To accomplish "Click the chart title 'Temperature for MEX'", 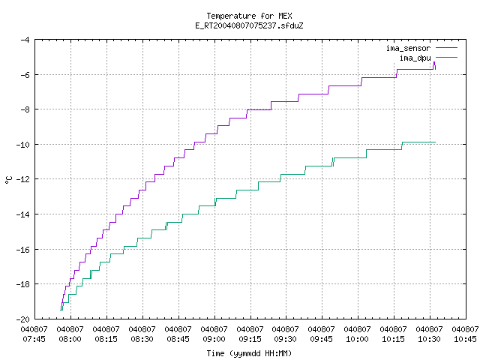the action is (x=249, y=16).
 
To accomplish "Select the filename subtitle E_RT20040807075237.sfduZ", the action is (x=249, y=25).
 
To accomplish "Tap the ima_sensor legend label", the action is (x=408, y=48).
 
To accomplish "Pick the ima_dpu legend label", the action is (x=415, y=58).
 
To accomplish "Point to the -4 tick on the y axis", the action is (x=25, y=40).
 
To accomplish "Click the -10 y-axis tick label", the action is (x=22, y=145).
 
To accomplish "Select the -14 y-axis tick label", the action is (x=22, y=214).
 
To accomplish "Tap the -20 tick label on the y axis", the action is (x=22, y=319).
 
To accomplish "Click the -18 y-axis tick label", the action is (x=22, y=284).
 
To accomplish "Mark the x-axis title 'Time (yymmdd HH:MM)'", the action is (x=249, y=353).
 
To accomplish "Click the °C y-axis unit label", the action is (x=8, y=180).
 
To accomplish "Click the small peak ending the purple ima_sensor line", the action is (x=434, y=62).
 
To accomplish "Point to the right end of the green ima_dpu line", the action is (x=435, y=142).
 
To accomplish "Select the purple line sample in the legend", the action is (x=447, y=48).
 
